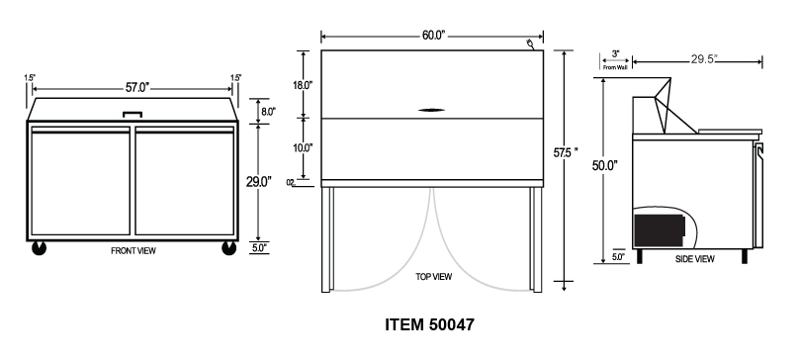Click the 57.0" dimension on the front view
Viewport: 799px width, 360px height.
point(137,87)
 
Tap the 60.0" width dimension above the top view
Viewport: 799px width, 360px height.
point(433,36)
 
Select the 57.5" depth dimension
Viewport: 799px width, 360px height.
point(566,152)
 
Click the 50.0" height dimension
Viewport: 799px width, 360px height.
point(605,166)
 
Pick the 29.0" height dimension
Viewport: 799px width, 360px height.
point(259,182)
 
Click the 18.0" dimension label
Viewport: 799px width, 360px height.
point(303,85)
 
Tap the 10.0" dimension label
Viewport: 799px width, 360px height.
point(303,148)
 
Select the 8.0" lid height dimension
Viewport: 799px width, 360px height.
point(268,111)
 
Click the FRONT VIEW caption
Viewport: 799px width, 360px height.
point(133,251)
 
